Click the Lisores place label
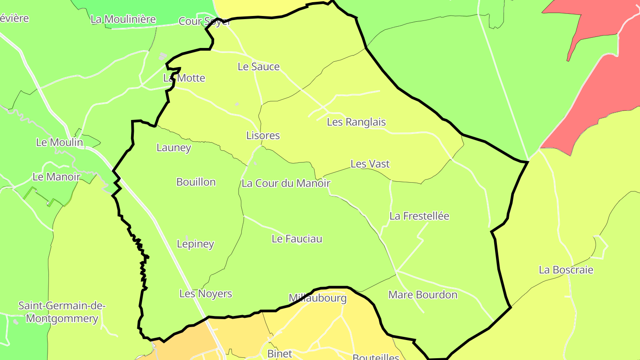(263, 136)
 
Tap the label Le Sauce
(259, 67)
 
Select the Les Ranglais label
(356, 122)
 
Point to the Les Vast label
(370, 164)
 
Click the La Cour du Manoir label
(286, 183)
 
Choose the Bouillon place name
(196, 182)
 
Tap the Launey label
(174, 148)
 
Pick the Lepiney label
(196, 244)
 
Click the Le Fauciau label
(297, 239)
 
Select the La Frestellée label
(419, 216)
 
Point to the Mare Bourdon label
(423, 295)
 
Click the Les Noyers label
(206, 294)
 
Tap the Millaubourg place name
(317, 298)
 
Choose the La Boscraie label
(566, 270)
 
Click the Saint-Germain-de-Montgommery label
(62, 312)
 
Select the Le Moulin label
(60, 142)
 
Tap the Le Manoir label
(56, 177)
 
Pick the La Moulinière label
(123, 19)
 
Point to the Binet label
(280, 354)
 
